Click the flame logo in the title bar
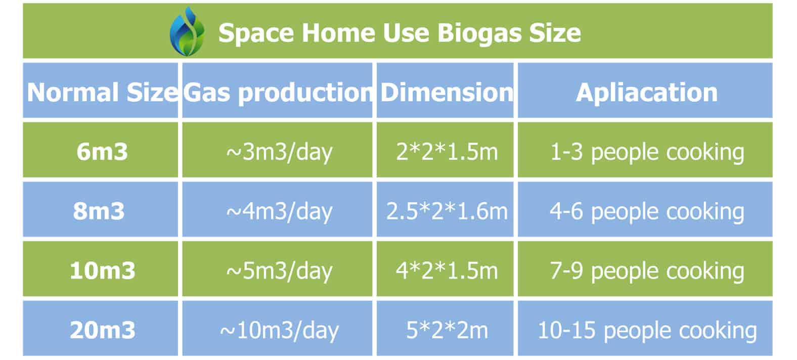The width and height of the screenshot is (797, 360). pos(187,32)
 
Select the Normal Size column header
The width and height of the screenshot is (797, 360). pos(102,92)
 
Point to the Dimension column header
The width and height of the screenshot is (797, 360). pos(447,92)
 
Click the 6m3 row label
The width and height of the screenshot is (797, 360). pos(102,152)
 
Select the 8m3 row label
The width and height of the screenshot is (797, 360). pos(99,211)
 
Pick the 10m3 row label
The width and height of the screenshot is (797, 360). pos(103,271)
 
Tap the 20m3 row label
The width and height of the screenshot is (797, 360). pos(103,330)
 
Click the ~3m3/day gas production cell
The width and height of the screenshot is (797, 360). pos(279,152)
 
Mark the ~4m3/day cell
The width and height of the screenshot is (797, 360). pos(279,212)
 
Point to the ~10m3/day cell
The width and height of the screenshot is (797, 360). pos(279,331)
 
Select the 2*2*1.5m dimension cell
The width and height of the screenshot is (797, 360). pos(447,152)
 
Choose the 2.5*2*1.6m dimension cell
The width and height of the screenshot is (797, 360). pos(447,211)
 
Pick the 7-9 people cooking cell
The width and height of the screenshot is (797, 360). pos(647,272)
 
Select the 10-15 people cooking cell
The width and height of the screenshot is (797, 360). pos(647,331)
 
